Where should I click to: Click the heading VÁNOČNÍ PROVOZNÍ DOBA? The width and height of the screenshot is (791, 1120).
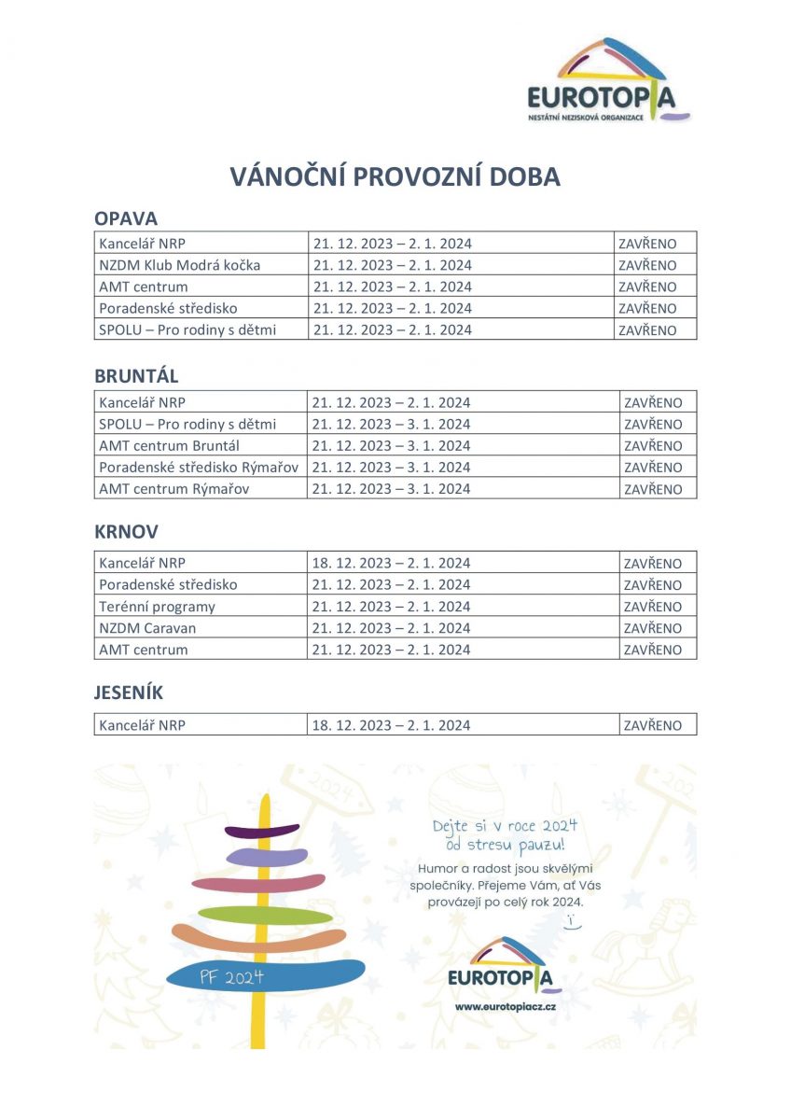coord(395,177)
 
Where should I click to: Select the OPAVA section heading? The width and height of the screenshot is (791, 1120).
coord(126,218)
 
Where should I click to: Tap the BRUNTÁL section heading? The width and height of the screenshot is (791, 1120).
coord(136,376)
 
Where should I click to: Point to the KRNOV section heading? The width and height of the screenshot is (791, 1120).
coord(126,532)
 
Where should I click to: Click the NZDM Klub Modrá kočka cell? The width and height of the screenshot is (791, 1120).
coord(180,265)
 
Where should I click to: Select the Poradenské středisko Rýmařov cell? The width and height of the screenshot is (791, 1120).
coord(199,467)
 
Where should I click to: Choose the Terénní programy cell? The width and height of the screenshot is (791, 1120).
coord(157,607)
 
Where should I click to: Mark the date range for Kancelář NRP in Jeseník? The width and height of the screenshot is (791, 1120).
coord(392,725)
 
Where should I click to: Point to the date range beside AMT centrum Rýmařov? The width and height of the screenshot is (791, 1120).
coord(392,489)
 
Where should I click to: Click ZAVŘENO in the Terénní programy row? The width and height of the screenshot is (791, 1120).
coord(653,607)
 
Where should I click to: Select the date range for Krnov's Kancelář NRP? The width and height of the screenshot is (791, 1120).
coord(392,564)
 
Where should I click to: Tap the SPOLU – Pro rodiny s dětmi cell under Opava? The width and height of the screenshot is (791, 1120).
coord(187,329)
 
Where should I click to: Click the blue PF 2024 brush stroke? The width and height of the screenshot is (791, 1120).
coord(266,975)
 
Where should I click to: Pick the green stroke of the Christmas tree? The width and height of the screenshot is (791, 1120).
coord(266,915)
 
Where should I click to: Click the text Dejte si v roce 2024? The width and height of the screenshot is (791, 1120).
coord(505,826)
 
